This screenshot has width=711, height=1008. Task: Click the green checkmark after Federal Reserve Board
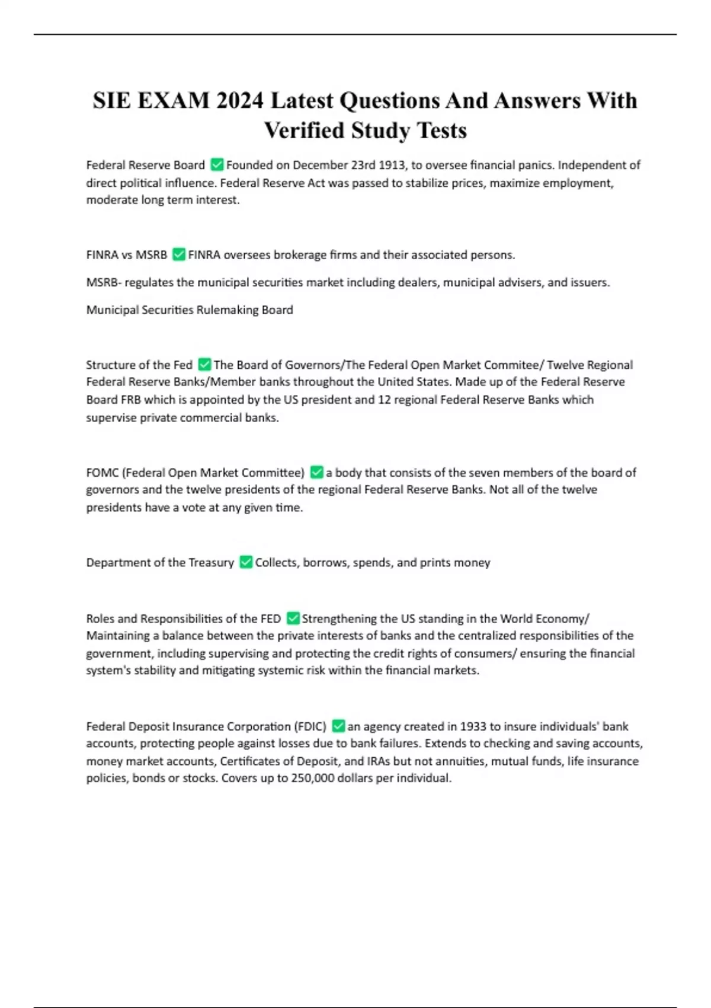(217, 165)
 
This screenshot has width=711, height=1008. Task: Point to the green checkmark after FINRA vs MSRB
(178, 255)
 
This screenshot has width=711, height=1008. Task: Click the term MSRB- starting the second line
(104, 282)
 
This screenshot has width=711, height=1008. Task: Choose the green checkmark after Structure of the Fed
(204, 365)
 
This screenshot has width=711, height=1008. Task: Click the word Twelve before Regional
(565, 365)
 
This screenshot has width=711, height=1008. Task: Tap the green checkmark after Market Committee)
(316, 473)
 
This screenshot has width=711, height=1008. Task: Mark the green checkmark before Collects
(246, 562)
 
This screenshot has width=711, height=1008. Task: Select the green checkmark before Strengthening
(293, 618)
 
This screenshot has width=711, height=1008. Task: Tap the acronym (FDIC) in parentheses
(310, 726)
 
